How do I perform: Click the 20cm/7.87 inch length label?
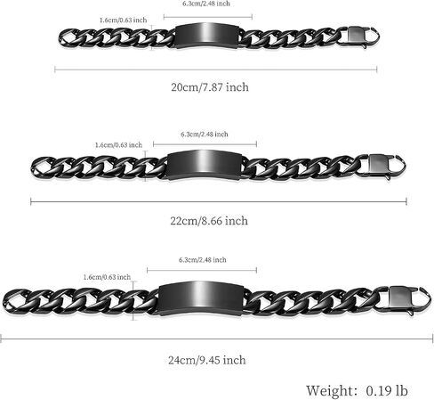click(210, 87)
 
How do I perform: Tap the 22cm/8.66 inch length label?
click(209, 221)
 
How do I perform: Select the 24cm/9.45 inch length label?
click(207, 360)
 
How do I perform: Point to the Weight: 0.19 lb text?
click(357, 390)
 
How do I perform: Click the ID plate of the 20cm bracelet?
click(207, 36)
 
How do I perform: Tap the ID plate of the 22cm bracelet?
click(205, 165)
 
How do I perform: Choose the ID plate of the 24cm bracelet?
click(201, 298)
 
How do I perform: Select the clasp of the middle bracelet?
click(382, 167)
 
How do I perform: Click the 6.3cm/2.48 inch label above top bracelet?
click(206, 4)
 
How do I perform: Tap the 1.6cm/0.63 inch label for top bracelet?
click(123, 20)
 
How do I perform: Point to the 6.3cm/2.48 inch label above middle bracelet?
click(205, 135)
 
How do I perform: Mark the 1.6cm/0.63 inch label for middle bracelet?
click(118, 145)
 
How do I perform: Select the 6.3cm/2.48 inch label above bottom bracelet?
click(203, 260)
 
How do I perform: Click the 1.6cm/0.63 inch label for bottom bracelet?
click(107, 277)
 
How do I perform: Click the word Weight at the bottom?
click(330, 390)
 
